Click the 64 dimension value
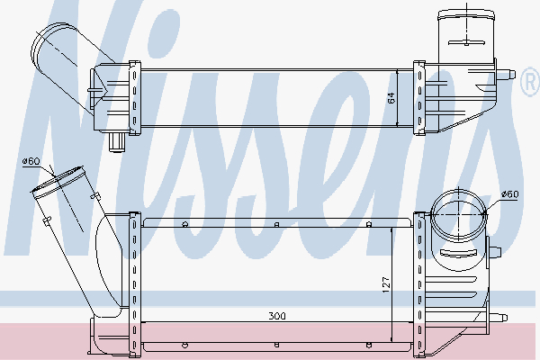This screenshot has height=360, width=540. (391, 98)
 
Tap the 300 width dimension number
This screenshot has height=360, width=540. (277, 316)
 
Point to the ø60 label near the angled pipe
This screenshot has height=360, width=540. (31, 161)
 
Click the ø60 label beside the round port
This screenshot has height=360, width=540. (509, 193)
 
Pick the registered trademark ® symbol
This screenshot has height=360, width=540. (528, 86)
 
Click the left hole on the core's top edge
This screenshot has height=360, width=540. (184, 224)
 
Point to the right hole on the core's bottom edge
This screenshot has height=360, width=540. (370, 344)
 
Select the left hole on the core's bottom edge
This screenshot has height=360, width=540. (184, 344)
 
